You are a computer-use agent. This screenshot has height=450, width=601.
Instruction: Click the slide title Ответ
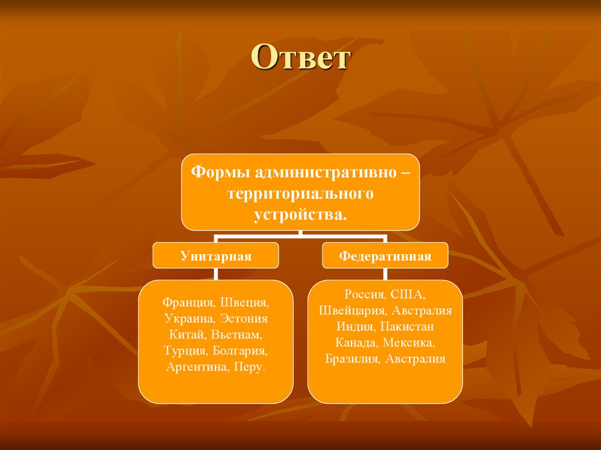[x=300, y=59]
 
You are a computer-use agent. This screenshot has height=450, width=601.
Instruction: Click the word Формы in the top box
[x=214, y=173]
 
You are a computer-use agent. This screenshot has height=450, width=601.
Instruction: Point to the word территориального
[x=300, y=193]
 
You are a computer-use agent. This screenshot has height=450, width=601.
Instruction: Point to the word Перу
[x=249, y=367]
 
